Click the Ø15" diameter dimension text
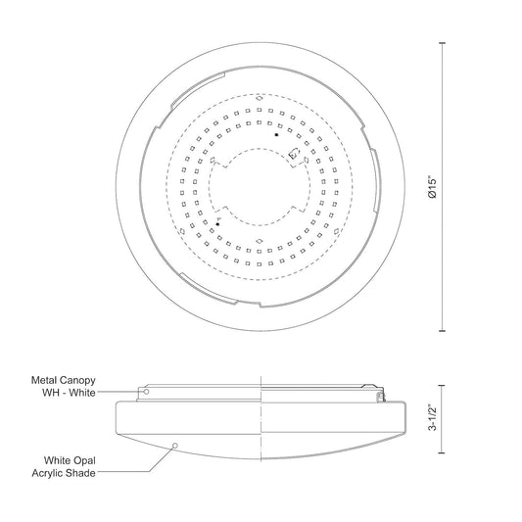pos(432,188)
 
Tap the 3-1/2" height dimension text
pos(432,418)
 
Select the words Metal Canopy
pos(64,380)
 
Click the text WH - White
pos(69,393)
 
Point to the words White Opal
pos(70,460)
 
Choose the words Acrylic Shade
pos(64,473)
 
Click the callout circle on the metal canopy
pos(146,392)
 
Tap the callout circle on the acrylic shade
pos(175,446)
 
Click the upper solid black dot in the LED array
pos(276,134)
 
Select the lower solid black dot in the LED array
pos(217,224)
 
